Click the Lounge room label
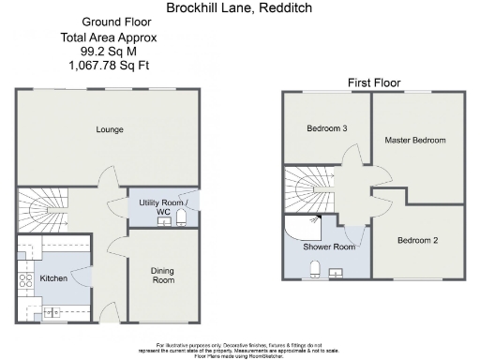point(110,129)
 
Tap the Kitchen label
point(53,278)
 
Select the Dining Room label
point(163,275)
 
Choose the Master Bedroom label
point(414,140)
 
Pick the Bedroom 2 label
point(418,240)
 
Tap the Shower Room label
point(328,247)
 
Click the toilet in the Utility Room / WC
point(182,219)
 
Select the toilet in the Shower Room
point(317,269)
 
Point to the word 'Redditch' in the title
point(286,7)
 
